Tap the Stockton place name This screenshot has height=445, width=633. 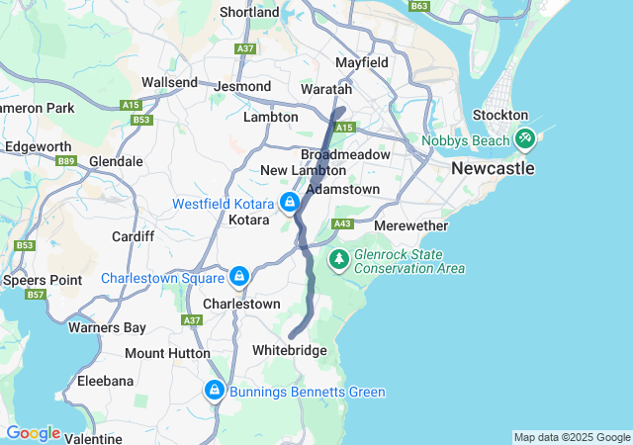pos(500,116)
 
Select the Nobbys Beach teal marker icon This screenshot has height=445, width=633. pos(524,140)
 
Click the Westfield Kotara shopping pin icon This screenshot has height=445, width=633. pos(290,203)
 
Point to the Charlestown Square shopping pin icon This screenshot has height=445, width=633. pos(238,276)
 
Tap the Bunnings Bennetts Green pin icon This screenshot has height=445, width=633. pos(213,392)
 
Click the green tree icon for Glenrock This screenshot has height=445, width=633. pos(339,259)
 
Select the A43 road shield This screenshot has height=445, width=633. pos(343,224)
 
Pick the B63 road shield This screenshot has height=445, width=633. pos(419,6)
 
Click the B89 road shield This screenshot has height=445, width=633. pos(67,160)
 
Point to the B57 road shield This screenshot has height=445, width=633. pos(37,295)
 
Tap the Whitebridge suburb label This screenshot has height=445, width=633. pos(290,350)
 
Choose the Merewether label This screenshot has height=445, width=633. pos(411,226)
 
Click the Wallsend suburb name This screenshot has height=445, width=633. pos(169,82)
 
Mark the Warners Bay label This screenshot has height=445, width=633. pos(107,327)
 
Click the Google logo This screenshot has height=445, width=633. pos(33,433)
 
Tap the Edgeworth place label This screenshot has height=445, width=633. pos(38,146)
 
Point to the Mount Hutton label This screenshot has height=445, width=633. pos(167,353)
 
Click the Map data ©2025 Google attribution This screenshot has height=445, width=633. pos(572,437)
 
